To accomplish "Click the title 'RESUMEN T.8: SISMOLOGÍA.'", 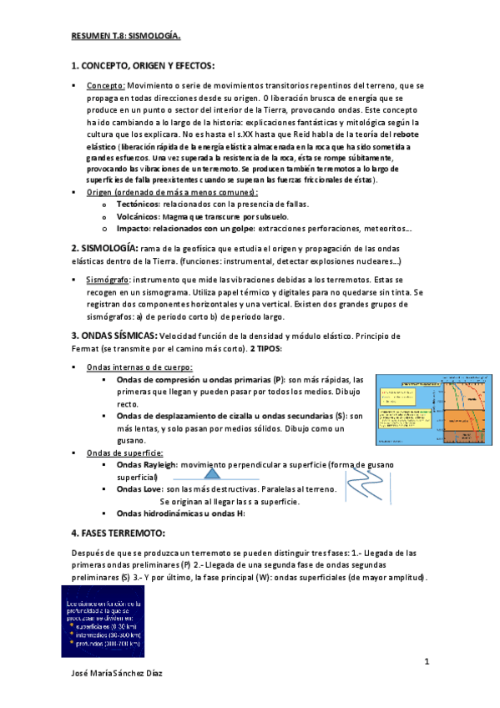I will click(x=125, y=36).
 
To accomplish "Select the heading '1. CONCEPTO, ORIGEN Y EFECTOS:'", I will click(x=143, y=65).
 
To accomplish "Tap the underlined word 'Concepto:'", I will click(x=106, y=85).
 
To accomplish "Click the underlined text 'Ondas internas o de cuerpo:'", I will click(x=139, y=367).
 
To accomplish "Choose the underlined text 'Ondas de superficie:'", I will click(x=123, y=453).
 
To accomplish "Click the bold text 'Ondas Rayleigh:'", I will click(x=147, y=465).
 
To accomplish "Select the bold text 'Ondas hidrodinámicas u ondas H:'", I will click(x=181, y=513).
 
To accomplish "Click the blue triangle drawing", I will click(x=211, y=475).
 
